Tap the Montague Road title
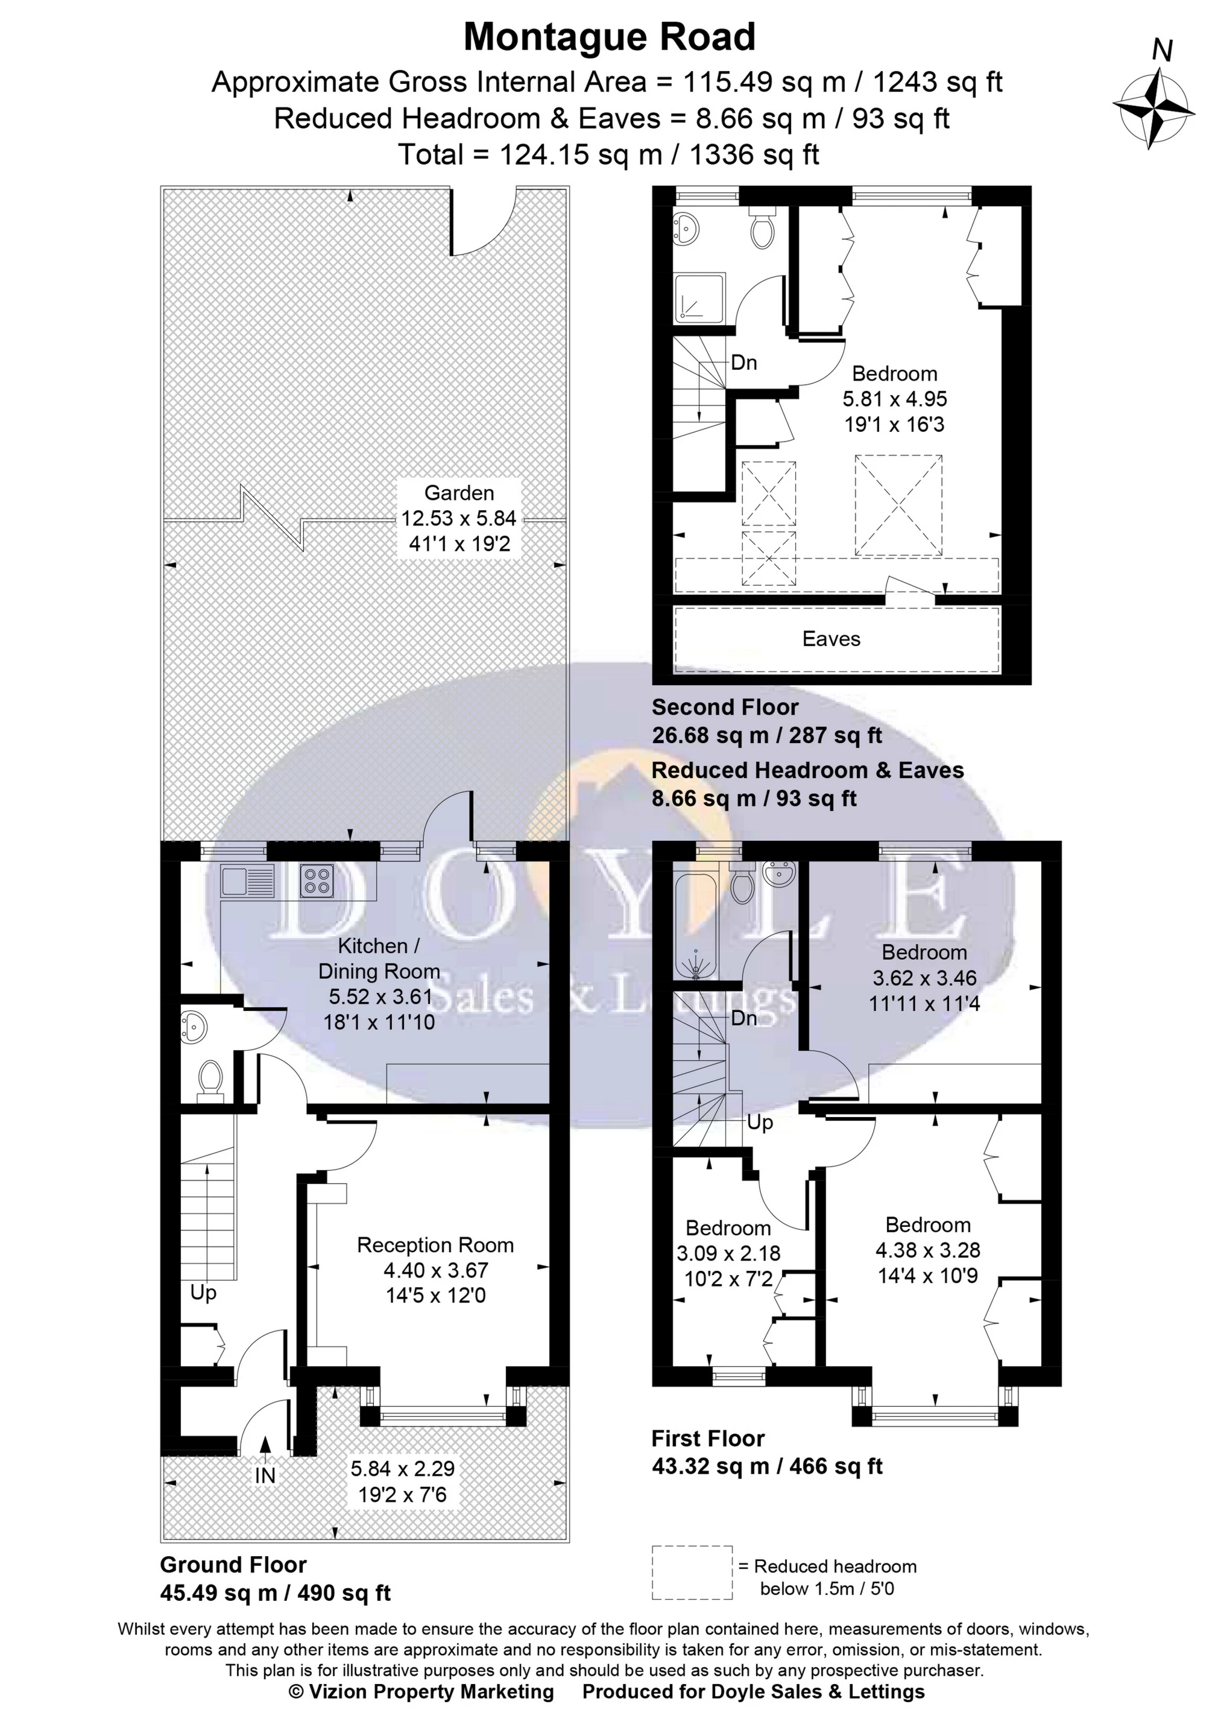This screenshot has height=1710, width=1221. coord(609,37)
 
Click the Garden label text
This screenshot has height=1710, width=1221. coord(459,493)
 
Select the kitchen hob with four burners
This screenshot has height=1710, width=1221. coord(317,881)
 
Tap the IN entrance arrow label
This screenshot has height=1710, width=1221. coord(265,1475)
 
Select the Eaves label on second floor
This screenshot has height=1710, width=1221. coord(831,639)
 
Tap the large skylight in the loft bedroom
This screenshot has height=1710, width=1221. coord(898,505)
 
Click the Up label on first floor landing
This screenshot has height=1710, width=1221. coord(759,1123)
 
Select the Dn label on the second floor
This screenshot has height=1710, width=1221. coord(743,363)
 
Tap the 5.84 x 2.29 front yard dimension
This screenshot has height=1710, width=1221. coord(402,1469)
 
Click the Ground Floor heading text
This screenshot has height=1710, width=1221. coord(233,1565)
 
